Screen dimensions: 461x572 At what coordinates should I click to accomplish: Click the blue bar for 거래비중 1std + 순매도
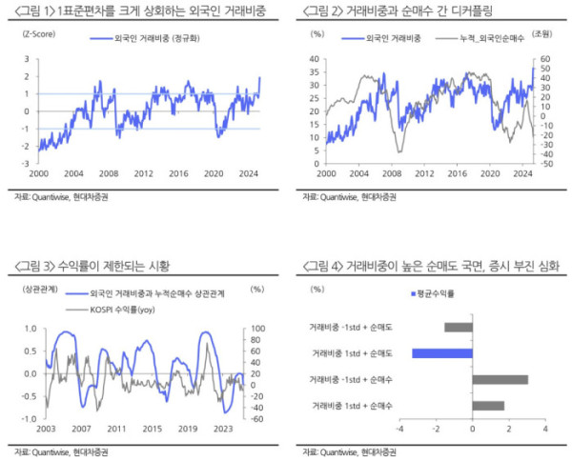tap(442, 353)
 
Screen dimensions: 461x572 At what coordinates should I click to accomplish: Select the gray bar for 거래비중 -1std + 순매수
tap(500, 380)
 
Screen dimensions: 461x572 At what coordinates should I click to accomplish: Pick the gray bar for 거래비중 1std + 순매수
tap(488, 406)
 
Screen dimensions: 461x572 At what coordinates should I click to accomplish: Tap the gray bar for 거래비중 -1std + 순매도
tap(459, 328)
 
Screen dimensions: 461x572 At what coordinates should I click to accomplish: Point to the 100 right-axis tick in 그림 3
tap(257, 329)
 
